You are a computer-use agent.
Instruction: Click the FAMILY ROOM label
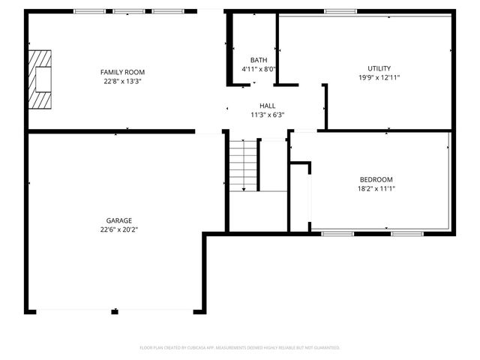click(x=123, y=72)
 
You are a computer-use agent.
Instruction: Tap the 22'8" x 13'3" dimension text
click(x=123, y=81)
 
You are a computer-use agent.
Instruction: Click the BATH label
click(x=259, y=60)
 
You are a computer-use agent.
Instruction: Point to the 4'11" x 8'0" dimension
click(x=259, y=69)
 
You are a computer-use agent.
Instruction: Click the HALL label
click(x=268, y=106)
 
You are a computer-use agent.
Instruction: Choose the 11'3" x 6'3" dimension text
click(x=268, y=115)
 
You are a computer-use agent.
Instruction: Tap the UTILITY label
click(x=379, y=68)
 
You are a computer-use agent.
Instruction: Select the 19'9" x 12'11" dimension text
click(x=379, y=77)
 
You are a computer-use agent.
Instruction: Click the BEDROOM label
click(x=376, y=180)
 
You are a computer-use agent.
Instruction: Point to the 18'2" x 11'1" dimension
click(x=376, y=189)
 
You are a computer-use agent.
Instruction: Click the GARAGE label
click(x=118, y=220)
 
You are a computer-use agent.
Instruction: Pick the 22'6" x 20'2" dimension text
click(x=118, y=229)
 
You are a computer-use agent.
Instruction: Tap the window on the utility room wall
click(x=340, y=11)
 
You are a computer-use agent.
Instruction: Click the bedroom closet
click(x=300, y=196)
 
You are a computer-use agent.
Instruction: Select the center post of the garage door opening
click(x=115, y=311)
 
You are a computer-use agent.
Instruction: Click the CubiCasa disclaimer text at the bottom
click(x=240, y=348)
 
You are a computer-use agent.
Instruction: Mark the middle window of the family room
click(x=128, y=11)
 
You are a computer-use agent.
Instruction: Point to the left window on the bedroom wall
click(x=337, y=233)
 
